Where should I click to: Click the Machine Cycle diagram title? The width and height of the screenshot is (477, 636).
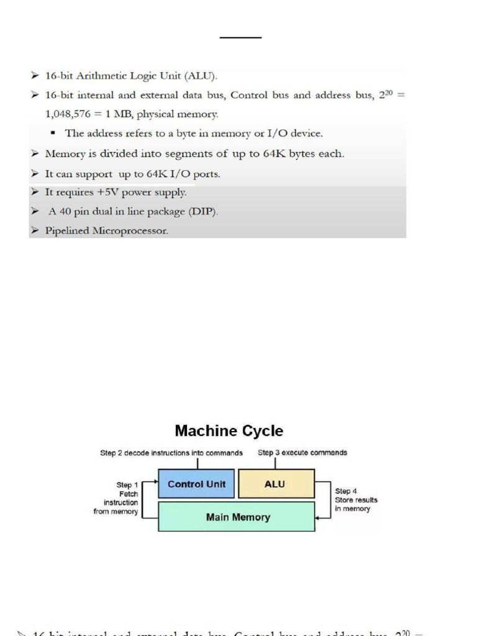229,430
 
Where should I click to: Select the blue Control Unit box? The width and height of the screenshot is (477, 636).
196,484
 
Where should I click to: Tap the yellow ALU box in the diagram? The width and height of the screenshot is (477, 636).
275,484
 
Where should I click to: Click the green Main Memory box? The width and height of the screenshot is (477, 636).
237,517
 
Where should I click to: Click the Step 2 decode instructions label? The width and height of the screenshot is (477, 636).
171,453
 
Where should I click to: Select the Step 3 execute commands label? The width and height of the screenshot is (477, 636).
302,453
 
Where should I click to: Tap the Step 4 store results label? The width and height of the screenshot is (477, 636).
356,499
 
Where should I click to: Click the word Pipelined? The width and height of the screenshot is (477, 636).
67,231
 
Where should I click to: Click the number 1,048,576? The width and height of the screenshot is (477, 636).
70,114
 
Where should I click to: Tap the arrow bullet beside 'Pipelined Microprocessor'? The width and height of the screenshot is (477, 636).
35,231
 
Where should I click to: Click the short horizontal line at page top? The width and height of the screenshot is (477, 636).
241,38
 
